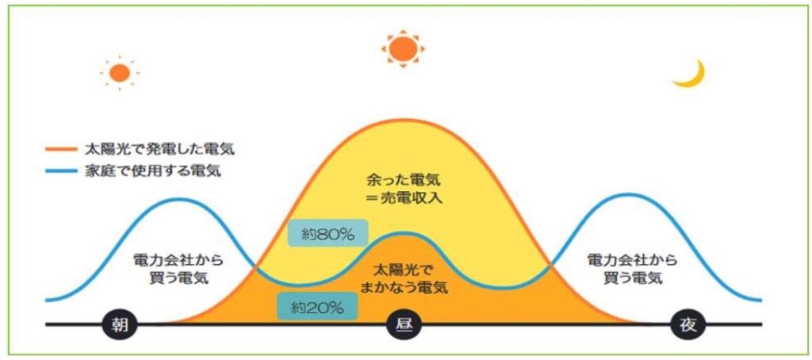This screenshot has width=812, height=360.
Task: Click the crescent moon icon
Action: click(x=689, y=74)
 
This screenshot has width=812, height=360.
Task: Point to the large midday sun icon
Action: click(x=403, y=48)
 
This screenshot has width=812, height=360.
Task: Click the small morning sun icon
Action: click(x=120, y=74)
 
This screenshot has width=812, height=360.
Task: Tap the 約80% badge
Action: click(x=327, y=234)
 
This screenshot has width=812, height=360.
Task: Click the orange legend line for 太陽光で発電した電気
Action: click(x=62, y=148)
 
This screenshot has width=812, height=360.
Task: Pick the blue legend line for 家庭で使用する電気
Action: click(x=62, y=171)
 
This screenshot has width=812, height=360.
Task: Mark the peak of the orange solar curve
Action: click(x=404, y=120)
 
